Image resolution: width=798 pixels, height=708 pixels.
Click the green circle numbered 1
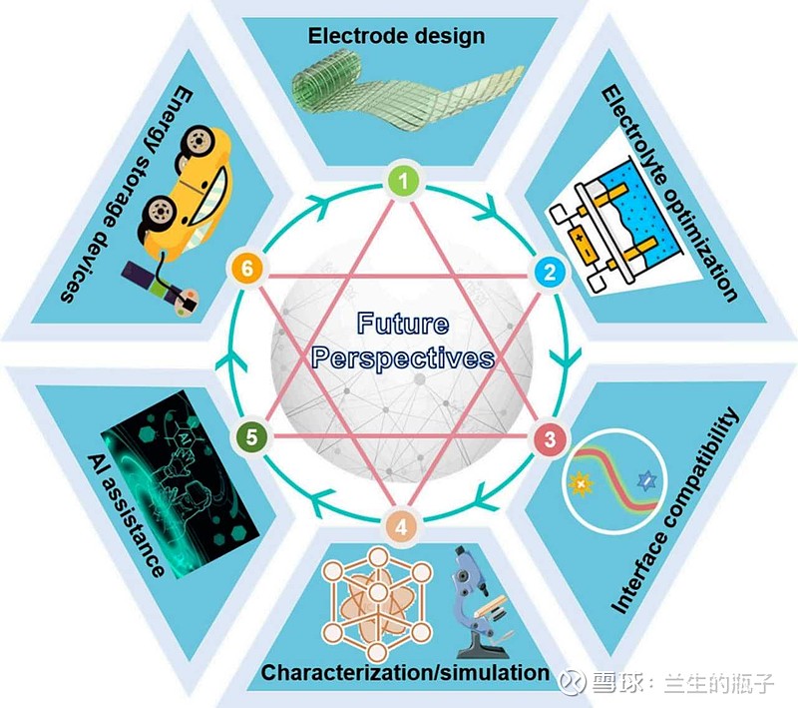(404, 182)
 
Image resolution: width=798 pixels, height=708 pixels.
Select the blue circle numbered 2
(550, 272)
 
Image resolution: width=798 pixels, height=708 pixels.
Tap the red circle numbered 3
(551, 438)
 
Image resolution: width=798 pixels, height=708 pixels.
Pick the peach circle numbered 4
(402, 526)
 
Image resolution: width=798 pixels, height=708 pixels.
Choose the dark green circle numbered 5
(251, 437)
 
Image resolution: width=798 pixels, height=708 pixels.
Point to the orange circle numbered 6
(246, 269)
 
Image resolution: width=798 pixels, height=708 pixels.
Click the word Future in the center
(403, 324)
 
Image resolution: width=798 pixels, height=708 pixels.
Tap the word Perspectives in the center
(403, 358)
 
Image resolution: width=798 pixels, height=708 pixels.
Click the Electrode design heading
(396, 36)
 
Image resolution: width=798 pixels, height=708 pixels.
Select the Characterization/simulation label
(405, 672)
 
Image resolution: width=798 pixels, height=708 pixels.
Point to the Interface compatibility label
(674, 511)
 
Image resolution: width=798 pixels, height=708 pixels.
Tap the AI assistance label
(126, 514)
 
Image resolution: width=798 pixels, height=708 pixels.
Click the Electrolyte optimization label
(669, 194)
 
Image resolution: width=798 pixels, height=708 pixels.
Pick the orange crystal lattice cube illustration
(377, 603)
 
